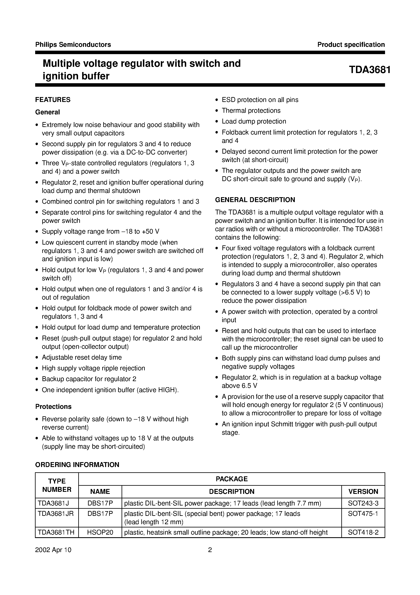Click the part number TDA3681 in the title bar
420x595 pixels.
(370, 70)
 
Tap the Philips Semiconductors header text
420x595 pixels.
(73, 45)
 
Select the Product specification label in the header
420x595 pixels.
(351, 45)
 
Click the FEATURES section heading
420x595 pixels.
(53, 100)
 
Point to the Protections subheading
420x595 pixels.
(53, 407)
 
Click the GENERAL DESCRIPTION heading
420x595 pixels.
(255, 200)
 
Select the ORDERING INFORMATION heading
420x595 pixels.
(77, 465)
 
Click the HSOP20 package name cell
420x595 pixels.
(100, 532)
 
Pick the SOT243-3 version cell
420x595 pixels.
(363, 503)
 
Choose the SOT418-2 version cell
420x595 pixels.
(363, 532)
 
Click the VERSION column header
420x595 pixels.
(363, 492)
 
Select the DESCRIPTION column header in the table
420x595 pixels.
(232, 492)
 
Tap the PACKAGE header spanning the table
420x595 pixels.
(232, 479)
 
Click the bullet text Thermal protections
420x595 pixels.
(251, 111)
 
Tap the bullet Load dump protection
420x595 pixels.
(254, 121)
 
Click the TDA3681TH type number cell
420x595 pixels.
(56, 532)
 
